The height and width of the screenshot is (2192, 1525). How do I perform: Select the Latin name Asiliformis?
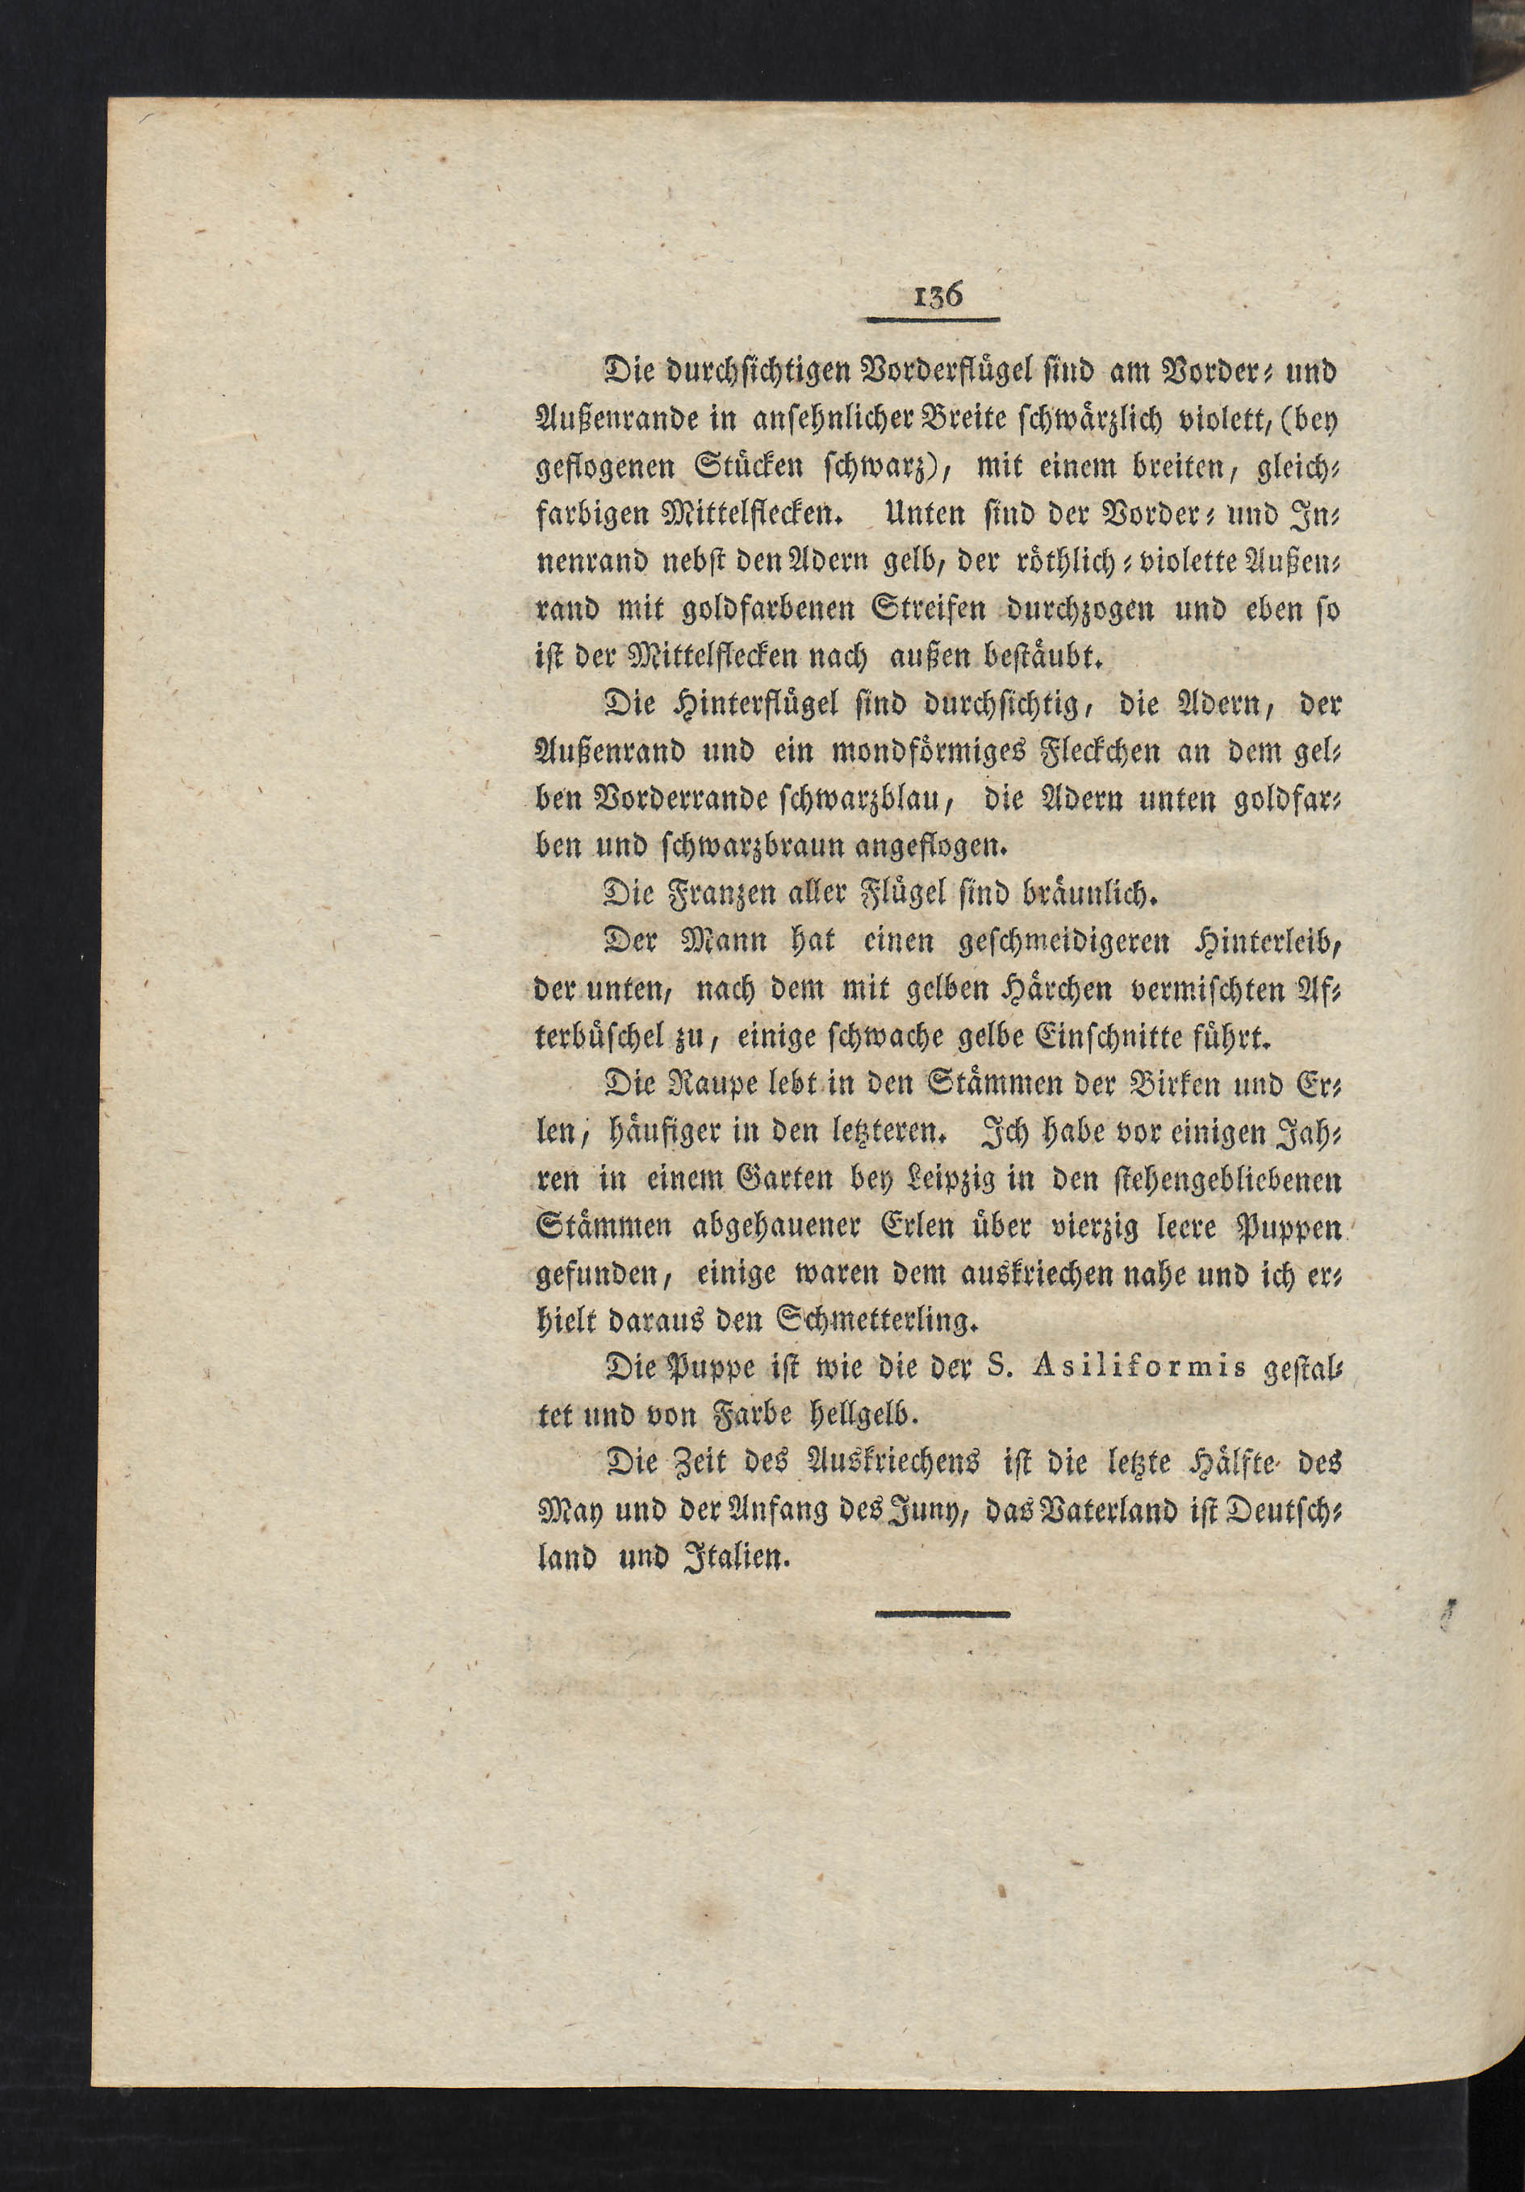[1145, 1369]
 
